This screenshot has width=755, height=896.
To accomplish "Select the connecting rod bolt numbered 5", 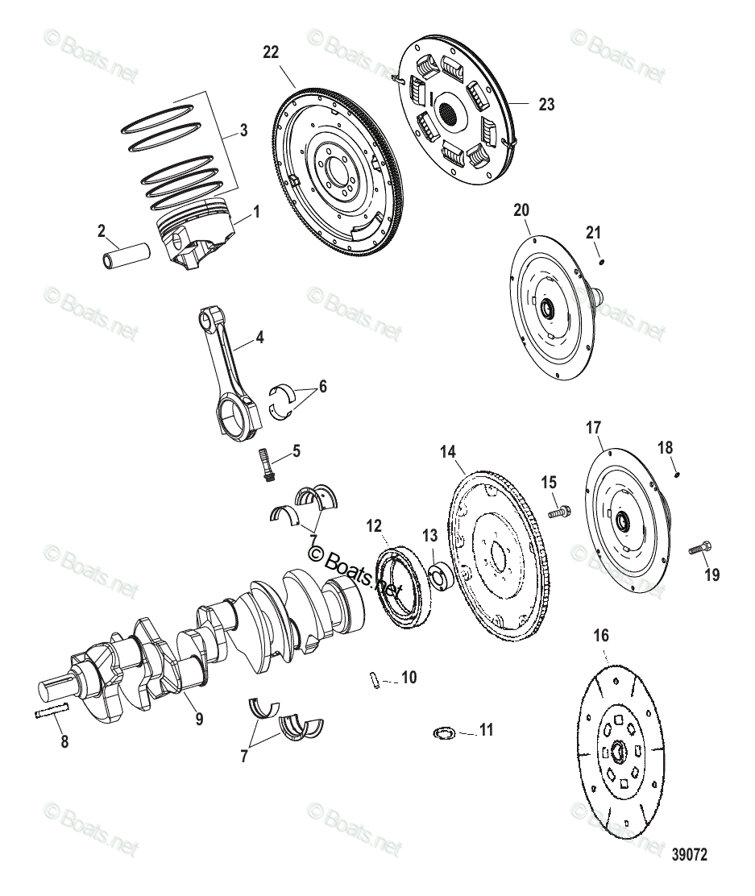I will point(268,465).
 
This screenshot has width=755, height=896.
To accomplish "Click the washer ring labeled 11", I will point(443,732).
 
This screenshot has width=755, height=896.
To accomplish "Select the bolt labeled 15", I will point(558,512).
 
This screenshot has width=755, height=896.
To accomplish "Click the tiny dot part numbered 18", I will point(678,475).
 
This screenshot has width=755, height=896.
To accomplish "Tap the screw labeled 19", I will point(700,549).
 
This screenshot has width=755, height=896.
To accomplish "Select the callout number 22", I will point(271,52).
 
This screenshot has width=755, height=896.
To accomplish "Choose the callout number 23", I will point(546,105).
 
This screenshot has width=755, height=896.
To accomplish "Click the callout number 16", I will point(601,635).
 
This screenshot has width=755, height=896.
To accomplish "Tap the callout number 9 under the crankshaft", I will point(198,719).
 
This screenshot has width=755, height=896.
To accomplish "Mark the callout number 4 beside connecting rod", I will point(259,338).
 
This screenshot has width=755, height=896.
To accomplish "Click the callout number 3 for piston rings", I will point(243,130).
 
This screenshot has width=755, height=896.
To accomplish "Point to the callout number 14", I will point(448,452).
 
